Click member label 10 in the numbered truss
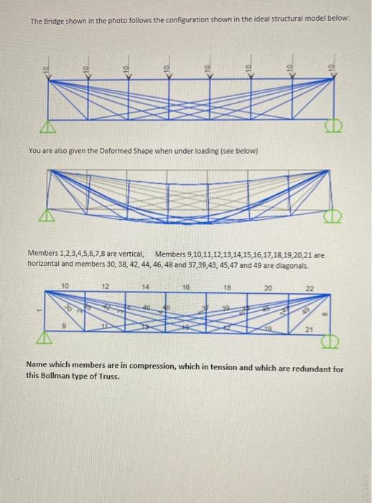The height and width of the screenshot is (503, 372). (65, 285)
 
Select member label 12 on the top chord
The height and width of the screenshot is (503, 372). (106, 285)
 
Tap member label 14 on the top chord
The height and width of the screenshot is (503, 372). (146, 285)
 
